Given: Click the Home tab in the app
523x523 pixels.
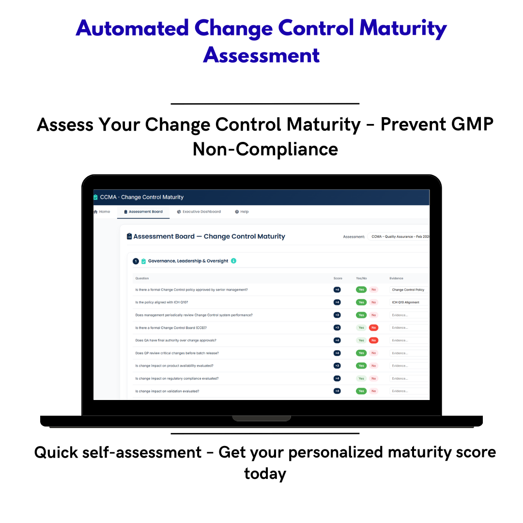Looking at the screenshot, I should (x=102, y=212).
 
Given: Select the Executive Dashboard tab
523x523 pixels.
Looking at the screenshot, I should (x=199, y=212).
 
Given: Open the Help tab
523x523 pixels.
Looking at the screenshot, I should (x=242, y=212).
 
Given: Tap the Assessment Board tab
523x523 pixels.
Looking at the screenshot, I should (x=143, y=212).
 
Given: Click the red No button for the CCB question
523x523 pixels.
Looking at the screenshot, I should (x=374, y=327).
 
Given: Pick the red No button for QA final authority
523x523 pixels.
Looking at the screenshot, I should (x=374, y=340).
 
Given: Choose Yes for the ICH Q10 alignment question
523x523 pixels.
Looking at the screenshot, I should (x=361, y=302).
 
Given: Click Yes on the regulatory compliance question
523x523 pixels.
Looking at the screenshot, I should (x=361, y=378).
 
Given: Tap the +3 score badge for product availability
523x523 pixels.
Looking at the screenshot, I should (x=337, y=366).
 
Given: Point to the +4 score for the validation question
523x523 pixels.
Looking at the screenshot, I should (x=337, y=391).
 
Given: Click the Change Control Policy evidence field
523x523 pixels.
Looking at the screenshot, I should (x=409, y=290).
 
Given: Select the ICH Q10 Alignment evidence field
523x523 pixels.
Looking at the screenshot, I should (x=409, y=302).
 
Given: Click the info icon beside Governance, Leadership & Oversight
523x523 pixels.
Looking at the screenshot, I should (x=233, y=261).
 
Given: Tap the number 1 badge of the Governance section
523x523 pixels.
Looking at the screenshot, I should (x=136, y=261).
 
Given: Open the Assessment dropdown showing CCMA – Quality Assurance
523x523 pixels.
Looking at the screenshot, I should (x=399, y=237).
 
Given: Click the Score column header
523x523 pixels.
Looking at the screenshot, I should (x=338, y=278).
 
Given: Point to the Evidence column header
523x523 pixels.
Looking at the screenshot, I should (x=396, y=278).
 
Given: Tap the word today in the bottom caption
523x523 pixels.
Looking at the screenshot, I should (x=265, y=473).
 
